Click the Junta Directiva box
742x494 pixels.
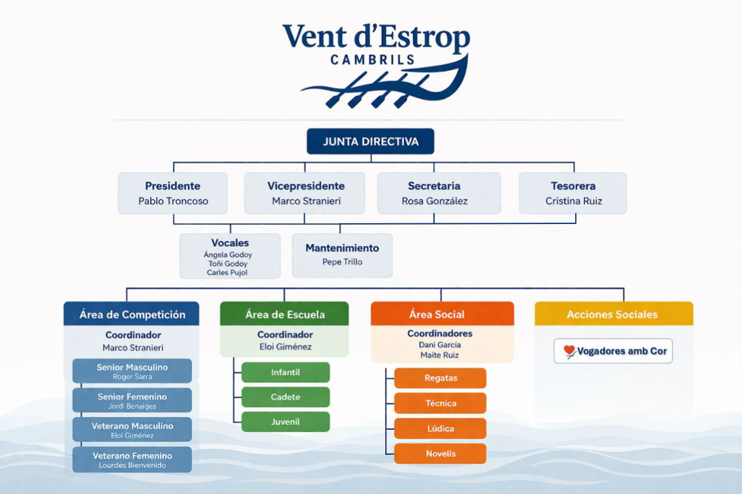coord(370,141)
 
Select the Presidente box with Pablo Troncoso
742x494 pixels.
coord(173,193)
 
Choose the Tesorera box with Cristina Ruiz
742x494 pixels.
coord(573,193)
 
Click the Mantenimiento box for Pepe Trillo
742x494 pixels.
coord(342,255)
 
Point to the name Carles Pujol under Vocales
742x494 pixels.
coord(227,273)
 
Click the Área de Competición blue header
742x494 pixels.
coord(132,314)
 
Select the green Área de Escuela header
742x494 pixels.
coord(284,314)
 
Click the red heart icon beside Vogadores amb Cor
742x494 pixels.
coord(569,351)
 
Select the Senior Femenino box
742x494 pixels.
coord(132,400)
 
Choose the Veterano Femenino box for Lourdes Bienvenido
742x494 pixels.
coord(132,460)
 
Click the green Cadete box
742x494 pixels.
coord(285,397)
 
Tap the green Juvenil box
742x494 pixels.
coord(285,422)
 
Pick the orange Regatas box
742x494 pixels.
coord(440,378)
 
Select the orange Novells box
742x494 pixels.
coord(440,453)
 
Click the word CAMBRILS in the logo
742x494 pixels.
coord(372,60)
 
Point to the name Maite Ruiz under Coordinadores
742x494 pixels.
coord(440,355)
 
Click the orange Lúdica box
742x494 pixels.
coord(440,428)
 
